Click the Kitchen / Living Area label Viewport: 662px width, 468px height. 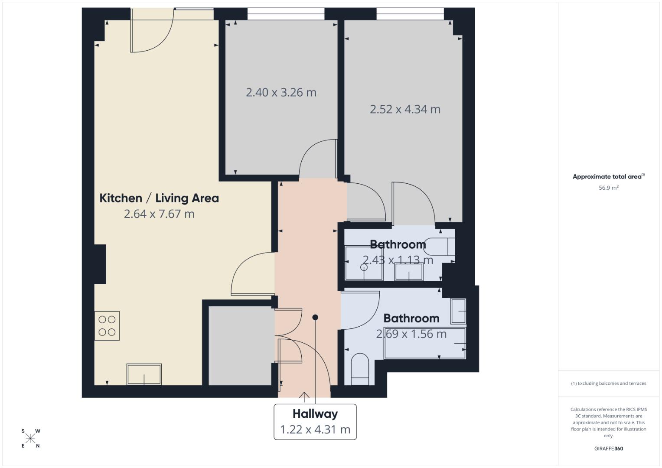pyautogui.click(x=159, y=198)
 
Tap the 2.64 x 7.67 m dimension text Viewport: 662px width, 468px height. pyautogui.click(x=159, y=214)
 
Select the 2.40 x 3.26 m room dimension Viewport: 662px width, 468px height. pyautogui.click(x=281, y=92)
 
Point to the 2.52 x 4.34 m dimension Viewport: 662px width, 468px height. pyautogui.click(x=405, y=109)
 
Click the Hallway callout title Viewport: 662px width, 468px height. pyautogui.click(x=315, y=414)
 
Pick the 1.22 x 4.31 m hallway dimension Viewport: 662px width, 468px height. pyautogui.click(x=315, y=429)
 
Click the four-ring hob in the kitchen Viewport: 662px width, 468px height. pyautogui.click(x=107, y=326)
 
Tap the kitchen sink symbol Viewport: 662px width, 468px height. pyautogui.click(x=144, y=374)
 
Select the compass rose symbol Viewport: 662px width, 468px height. pyautogui.click(x=30, y=438)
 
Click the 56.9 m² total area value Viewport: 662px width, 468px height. pyautogui.click(x=609, y=188)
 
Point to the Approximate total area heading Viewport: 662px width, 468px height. pyautogui.click(x=608, y=176)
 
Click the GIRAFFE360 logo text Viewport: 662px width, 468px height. pyautogui.click(x=609, y=448)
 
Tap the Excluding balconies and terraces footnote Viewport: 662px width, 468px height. pyautogui.click(x=609, y=383)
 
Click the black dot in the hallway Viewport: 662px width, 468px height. pyautogui.click(x=315, y=317)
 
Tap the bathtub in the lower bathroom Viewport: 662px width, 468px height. pyautogui.click(x=425, y=344)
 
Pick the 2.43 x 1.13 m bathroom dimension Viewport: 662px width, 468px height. pyautogui.click(x=398, y=260)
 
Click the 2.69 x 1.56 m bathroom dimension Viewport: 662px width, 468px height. pyautogui.click(x=411, y=334)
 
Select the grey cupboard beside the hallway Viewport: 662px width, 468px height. pyautogui.click(x=240, y=345)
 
